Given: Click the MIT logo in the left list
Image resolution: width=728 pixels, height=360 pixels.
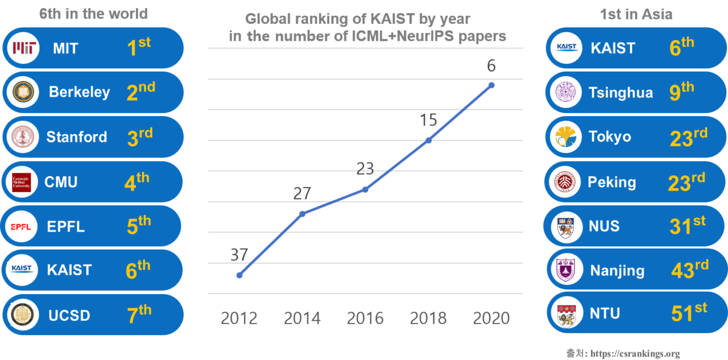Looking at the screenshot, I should tap(25, 48).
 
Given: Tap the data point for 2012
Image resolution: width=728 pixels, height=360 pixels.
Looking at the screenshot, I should tap(239, 275).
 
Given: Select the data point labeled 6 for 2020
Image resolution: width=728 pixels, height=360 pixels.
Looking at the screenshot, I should tap(491, 85).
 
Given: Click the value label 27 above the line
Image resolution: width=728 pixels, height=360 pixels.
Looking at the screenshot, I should tap(302, 193).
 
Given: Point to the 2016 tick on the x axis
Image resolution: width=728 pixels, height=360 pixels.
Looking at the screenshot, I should tap(365, 318).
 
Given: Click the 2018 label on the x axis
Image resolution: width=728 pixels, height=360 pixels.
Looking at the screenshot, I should tap(428, 318).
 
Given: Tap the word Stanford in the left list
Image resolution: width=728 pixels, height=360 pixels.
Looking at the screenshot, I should tap(77, 137).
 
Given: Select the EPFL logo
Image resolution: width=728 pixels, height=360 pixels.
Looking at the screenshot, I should tap(24, 227).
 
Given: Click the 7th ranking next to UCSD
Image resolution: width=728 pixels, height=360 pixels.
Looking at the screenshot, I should tap(139, 315).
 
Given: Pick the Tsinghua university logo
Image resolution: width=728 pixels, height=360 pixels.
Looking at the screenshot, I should tap(565, 92).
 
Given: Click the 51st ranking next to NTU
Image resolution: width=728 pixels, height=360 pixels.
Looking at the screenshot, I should tap(689, 313).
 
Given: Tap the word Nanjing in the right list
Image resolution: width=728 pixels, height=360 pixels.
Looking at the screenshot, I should tap(617, 271).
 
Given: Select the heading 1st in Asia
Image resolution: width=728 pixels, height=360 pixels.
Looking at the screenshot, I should tap(636, 14).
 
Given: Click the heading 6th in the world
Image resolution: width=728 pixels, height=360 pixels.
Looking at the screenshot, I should tap(93, 14).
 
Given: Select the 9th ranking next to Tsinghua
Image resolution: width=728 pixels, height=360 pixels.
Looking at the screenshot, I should tap(681, 92).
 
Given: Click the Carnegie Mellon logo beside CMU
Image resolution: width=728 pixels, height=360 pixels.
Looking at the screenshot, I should tap(22, 182).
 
